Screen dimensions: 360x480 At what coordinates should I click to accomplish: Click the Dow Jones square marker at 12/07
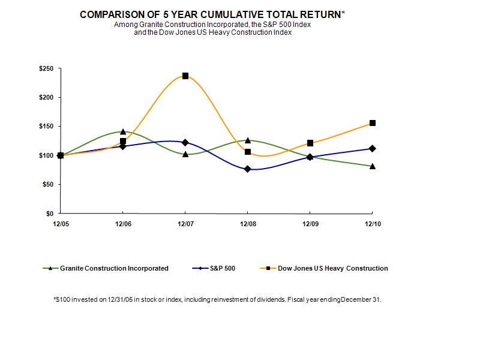click(x=185, y=76)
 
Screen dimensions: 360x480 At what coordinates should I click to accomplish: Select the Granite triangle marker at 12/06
click(x=123, y=131)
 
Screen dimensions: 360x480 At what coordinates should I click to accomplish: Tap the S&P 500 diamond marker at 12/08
click(x=248, y=169)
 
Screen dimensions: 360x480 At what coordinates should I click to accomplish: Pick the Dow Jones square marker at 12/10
click(x=373, y=123)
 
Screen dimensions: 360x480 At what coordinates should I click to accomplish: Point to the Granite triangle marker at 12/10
click(x=373, y=166)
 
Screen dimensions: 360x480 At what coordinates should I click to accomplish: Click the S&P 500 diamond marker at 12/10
click(x=373, y=148)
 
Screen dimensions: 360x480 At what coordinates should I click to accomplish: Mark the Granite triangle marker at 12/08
click(x=248, y=140)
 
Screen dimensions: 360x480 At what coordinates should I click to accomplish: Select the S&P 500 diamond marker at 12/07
click(x=185, y=143)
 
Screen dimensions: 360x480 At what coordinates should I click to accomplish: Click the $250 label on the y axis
click(x=46, y=69)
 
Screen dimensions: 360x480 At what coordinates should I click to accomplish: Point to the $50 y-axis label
click(x=47, y=185)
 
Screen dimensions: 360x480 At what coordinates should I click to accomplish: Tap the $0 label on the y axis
click(x=49, y=214)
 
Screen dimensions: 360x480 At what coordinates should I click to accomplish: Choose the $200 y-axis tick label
click(x=46, y=98)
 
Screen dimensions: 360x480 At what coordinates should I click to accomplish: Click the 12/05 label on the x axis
click(x=61, y=224)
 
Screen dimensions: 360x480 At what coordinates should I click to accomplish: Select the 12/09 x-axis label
click(x=310, y=224)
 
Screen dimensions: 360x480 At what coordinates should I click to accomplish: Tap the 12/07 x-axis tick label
click(x=185, y=224)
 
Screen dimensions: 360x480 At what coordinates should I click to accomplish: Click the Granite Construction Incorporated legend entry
click(x=114, y=268)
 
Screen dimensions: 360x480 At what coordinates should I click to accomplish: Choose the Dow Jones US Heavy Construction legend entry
click(x=332, y=268)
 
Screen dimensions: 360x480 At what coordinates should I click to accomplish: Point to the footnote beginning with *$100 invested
click(x=217, y=299)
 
